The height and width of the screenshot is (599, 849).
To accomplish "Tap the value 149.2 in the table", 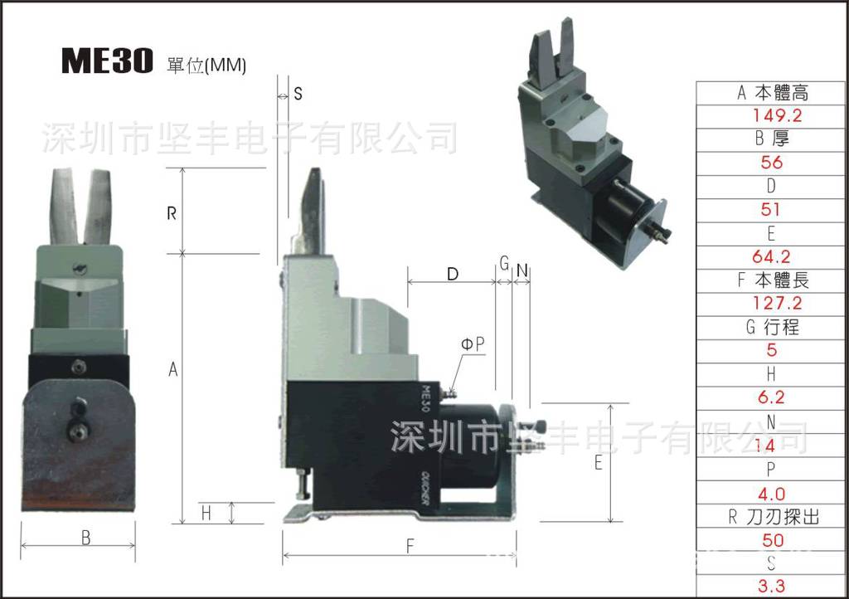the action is [x=771, y=115].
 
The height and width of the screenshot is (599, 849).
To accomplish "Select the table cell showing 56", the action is [x=771, y=163].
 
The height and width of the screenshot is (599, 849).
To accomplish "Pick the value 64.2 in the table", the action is [x=771, y=256].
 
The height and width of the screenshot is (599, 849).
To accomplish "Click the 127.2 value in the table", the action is [x=771, y=304].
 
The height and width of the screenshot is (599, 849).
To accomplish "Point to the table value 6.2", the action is [x=771, y=397].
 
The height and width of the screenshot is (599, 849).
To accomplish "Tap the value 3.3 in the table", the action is [x=771, y=587].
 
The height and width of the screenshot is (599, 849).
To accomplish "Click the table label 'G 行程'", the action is [x=771, y=327].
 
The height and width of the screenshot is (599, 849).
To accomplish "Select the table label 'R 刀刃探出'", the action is [x=771, y=517].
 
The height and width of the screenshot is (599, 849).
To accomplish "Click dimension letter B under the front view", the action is [x=85, y=537].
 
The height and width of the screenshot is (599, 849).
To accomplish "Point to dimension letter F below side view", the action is [x=409, y=545].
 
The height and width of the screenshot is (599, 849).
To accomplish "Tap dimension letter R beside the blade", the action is [x=172, y=213].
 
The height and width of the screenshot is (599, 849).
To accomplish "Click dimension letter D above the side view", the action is [x=453, y=274].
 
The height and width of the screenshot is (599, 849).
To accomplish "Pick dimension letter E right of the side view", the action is [x=598, y=464].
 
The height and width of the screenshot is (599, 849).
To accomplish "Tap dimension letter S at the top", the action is [x=298, y=94].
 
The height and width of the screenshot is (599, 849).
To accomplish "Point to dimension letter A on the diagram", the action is [x=173, y=369].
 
